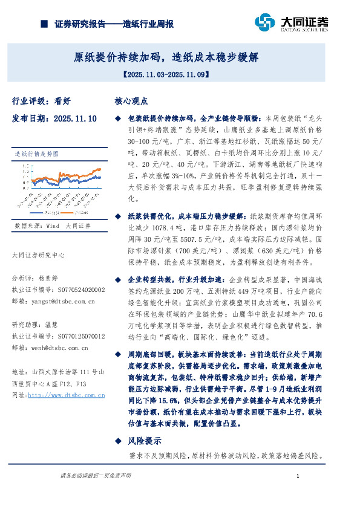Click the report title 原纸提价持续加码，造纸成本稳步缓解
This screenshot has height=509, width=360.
click(x=166, y=57)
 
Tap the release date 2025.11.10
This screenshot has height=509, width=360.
click(x=75, y=119)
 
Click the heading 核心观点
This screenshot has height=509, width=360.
click(x=131, y=102)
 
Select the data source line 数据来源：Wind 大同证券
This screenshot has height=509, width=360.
click(x=51, y=225)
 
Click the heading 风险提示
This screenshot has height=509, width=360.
click(x=144, y=441)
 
